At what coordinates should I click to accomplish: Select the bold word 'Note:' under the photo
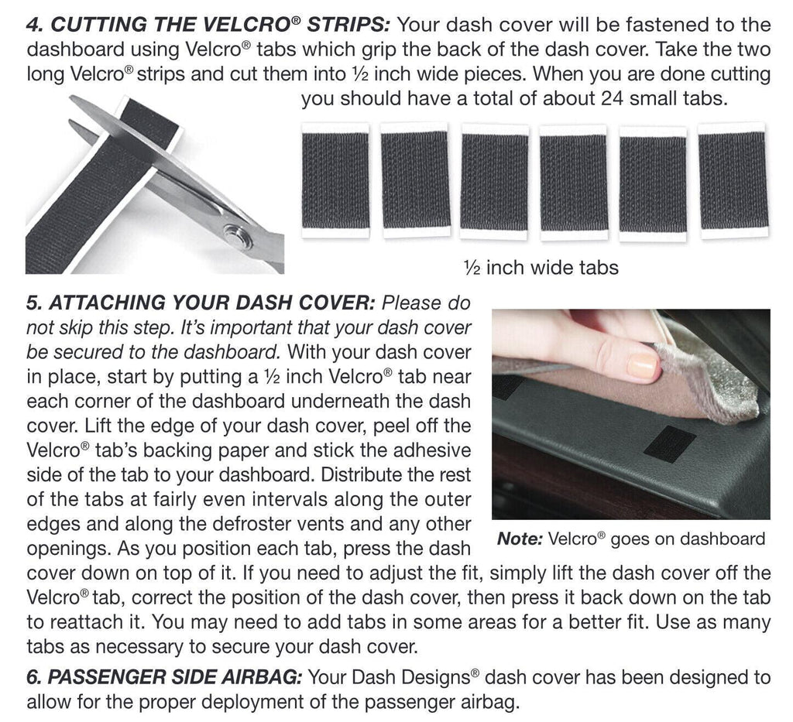pyautogui.click(x=519, y=539)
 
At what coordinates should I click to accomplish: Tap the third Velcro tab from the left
pyautogui.click(x=494, y=181)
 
